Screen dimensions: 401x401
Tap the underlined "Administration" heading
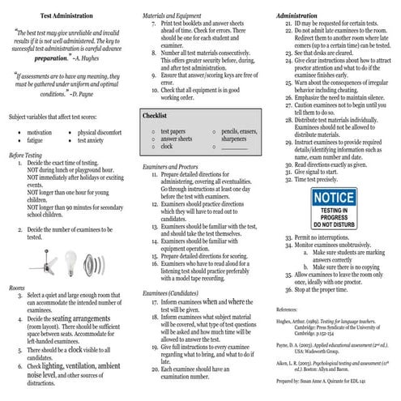(296, 15)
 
